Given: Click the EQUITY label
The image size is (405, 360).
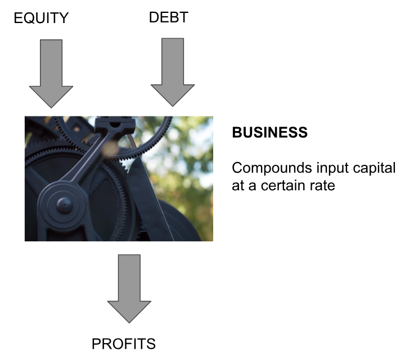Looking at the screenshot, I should pyautogui.click(x=41, y=19).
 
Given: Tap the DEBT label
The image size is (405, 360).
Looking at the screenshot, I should pyautogui.click(x=168, y=18).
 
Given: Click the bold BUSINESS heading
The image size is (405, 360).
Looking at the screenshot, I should pyautogui.click(x=270, y=133).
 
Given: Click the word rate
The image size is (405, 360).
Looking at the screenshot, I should pyautogui.click(x=322, y=185).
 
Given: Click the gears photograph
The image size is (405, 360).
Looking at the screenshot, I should pyautogui.click(x=119, y=179).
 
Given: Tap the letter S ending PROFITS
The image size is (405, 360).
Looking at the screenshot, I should pyautogui.click(x=151, y=344).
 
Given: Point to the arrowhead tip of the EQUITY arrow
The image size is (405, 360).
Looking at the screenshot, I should pyautogui.click(x=51, y=107).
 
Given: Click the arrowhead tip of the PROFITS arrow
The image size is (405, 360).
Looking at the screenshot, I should pyautogui.click(x=129, y=322).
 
